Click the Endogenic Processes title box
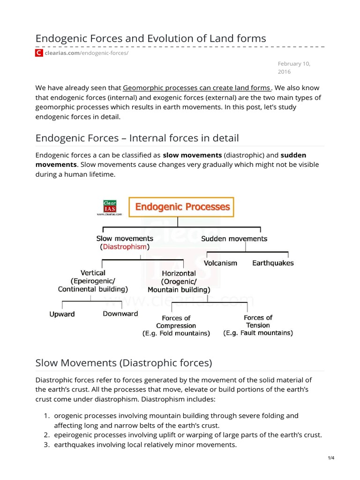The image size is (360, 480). [x=181, y=207]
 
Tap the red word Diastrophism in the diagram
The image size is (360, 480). [x=124, y=247]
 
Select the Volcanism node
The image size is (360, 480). [x=220, y=263]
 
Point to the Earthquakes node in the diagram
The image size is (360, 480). [x=273, y=263]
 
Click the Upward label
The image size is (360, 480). [x=62, y=314]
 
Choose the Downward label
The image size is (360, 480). [x=120, y=314]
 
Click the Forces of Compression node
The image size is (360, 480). [x=176, y=326]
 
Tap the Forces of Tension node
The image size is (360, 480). [x=258, y=325]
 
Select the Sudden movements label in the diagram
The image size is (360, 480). [x=234, y=239]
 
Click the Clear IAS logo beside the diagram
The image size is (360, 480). [x=109, y=206]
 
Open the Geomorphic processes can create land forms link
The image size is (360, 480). [x=196, y=88]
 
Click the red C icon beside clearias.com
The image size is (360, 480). [x=39, y=53]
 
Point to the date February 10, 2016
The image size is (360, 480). [x=293, y=67]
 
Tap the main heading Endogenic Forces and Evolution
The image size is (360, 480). [x=150, y=38]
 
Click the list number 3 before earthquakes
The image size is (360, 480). [x=47, y=444]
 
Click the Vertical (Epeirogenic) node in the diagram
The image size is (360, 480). [x=93, y=281]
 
